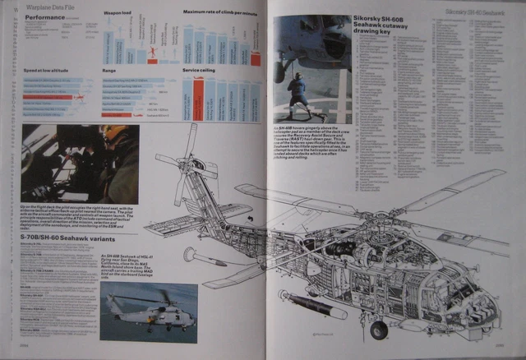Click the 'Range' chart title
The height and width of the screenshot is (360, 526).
click(108, 71)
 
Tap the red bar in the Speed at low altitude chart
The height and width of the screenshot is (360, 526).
click(49, 97)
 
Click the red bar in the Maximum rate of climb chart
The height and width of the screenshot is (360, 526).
click(256, 58)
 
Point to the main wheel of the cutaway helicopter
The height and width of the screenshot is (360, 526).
click(379, 330)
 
